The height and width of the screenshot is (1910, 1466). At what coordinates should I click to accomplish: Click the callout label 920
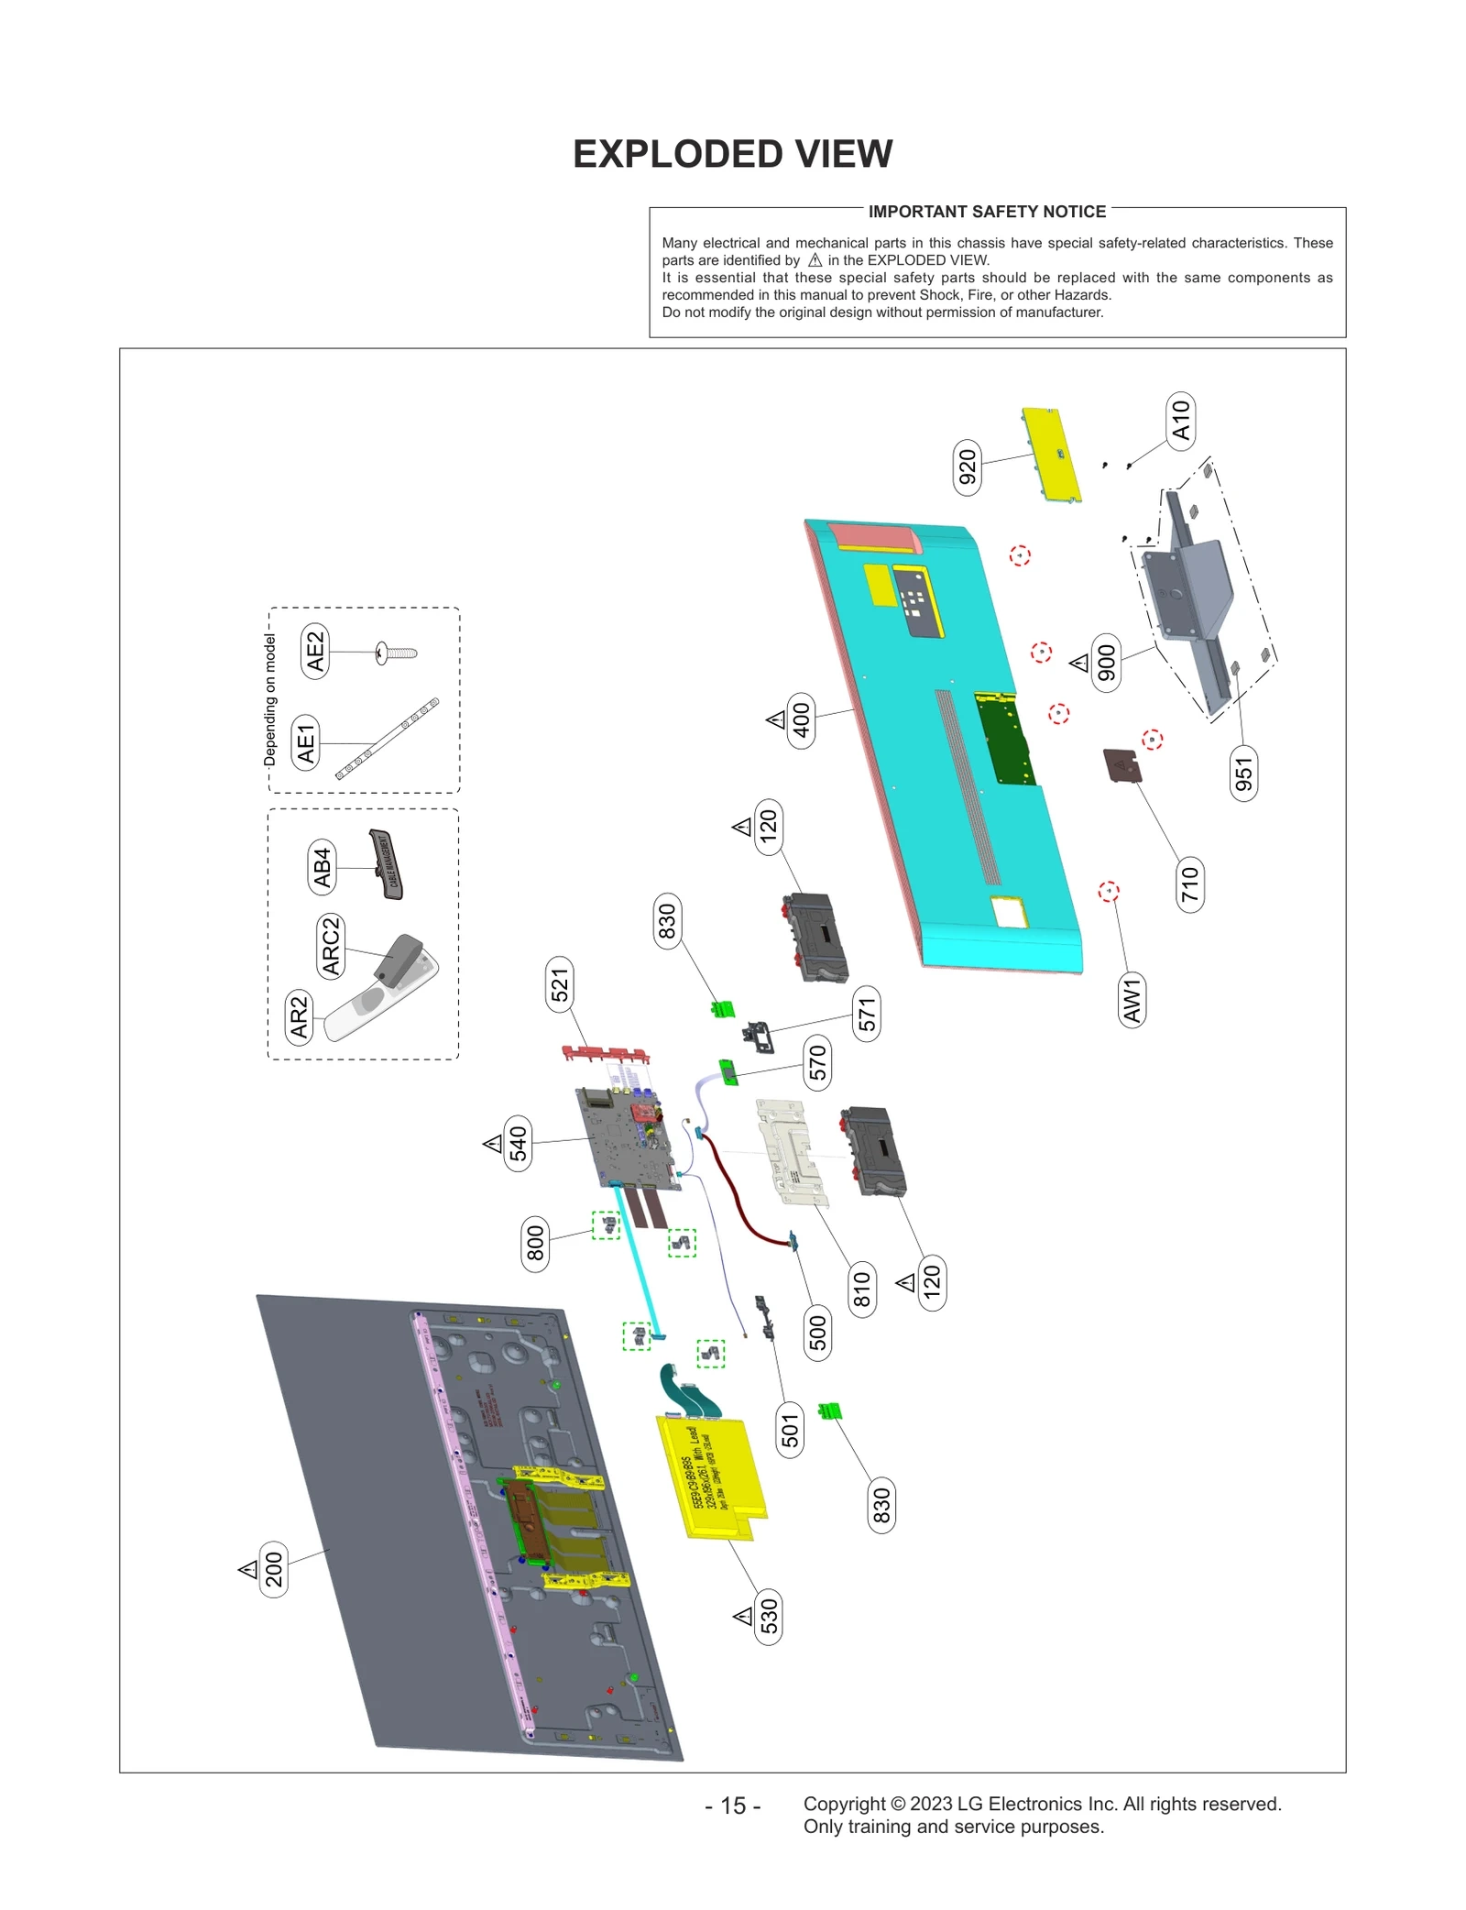[x=967, y=467]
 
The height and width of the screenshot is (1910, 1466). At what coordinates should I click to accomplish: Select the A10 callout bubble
[x=1180, y=420]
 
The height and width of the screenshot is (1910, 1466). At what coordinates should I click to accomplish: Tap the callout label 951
[x=1243, y=774]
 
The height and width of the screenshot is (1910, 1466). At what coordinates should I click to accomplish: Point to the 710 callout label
[x=1189, y=884]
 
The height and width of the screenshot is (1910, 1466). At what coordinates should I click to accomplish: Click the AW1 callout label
[x=1132, y=1000]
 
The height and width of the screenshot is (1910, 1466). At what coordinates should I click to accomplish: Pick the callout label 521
[x=560, y=984]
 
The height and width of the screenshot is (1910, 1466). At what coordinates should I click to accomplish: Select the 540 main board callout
[x=519, y=1144]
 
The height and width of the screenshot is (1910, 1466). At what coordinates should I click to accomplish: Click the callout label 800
[x=535, y=1244]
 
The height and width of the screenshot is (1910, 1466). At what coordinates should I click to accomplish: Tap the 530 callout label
[x=769, y=1616]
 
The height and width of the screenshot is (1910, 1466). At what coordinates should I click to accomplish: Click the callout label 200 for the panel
[x=274, y=1569]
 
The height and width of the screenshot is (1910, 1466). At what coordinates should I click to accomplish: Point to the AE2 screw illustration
[x=397, y=653]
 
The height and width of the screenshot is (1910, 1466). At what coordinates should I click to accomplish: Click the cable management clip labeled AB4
[x=388, y=864]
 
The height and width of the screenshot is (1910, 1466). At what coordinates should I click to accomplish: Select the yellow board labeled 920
[x=1052, y=456]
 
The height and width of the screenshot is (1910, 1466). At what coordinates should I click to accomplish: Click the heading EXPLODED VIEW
[x=732, y=154]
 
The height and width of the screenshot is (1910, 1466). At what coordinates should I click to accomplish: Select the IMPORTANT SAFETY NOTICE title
[x=987, y=212]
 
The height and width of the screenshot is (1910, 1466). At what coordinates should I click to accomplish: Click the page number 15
[x=733, y=1805]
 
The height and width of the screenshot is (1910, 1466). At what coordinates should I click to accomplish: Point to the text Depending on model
[x=269, y=699]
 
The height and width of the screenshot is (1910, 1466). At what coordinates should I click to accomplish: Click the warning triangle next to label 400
[x=776, y=719]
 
